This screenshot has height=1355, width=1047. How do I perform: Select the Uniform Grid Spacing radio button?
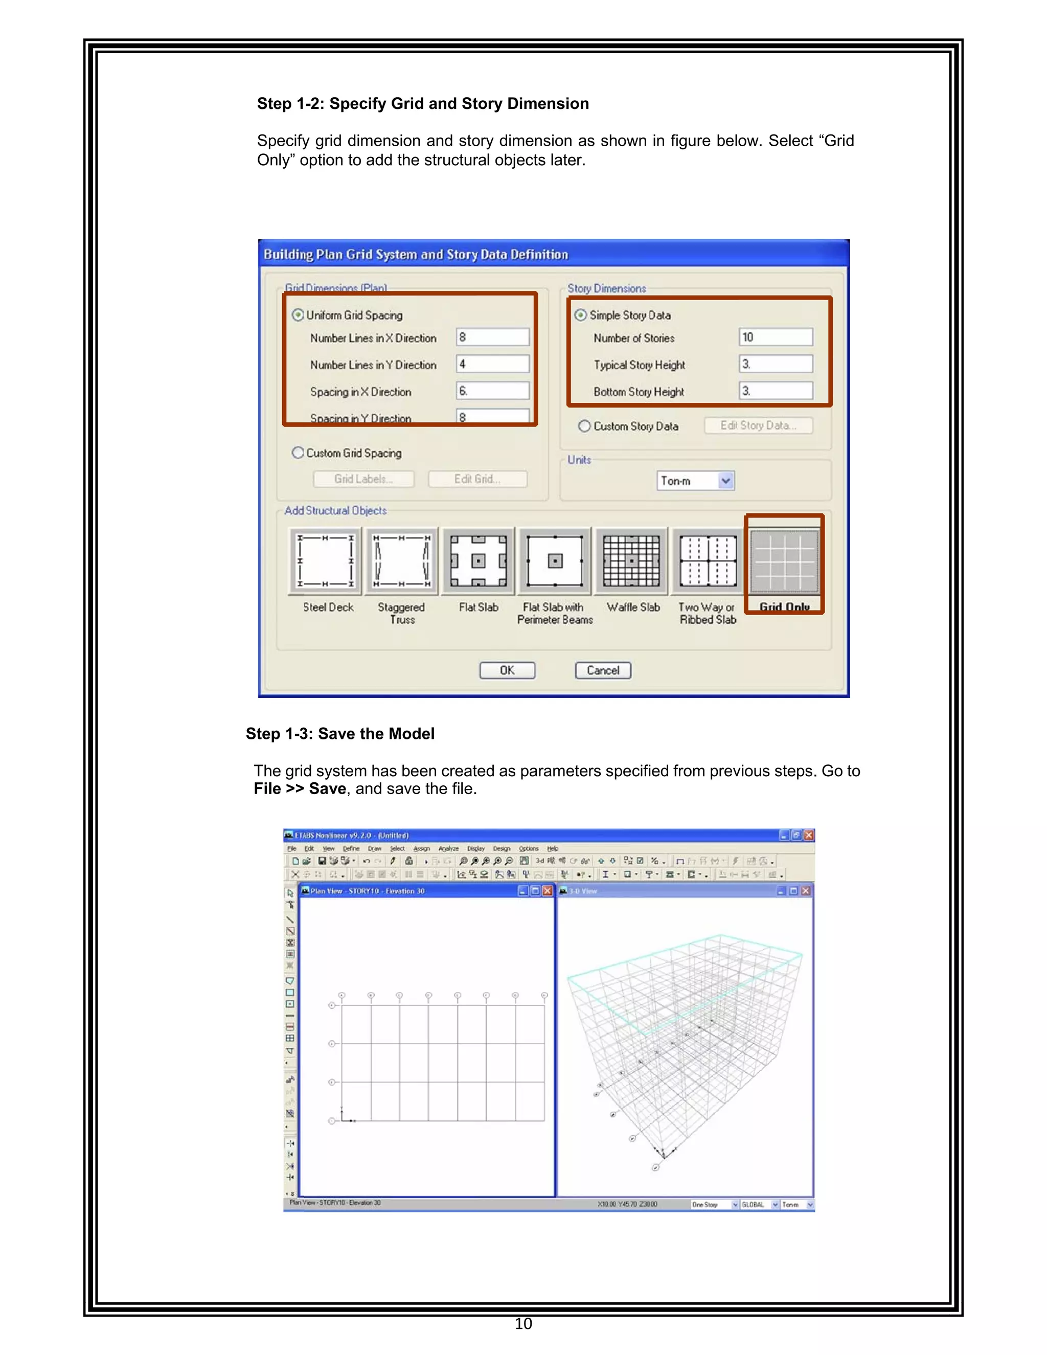(x=299, y=315)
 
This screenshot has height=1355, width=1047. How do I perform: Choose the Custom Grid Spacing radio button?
(x=299, y=453)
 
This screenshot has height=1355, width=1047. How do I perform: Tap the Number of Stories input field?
(x=776, y=337)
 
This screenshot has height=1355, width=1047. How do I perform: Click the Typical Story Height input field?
(x=776, y=364)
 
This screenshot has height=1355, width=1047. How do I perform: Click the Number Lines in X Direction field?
(x=492, y=337)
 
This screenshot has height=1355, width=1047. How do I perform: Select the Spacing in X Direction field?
(x=492, y=391)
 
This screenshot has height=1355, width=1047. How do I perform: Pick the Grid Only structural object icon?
(x=784, y=561)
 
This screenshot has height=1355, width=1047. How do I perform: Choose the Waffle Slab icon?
(x=631, y=561)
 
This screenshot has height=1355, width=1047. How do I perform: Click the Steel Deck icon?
(x=326, y=561)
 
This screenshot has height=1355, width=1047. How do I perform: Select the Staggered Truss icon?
(x=401, y=561)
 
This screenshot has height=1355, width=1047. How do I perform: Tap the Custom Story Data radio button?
(x=584, y=426)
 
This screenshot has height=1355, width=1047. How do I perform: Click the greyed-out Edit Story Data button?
(x=758, y=425)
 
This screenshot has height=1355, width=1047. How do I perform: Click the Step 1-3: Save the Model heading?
(x=340, y=733)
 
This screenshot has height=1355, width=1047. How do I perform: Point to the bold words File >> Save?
(x=300, y=788)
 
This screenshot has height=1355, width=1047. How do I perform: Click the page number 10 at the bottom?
(x=523, y=1323)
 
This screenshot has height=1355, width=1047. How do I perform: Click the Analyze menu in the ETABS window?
(x=448, y=848)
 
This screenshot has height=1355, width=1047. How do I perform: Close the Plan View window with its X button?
(x=547, y=891)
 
